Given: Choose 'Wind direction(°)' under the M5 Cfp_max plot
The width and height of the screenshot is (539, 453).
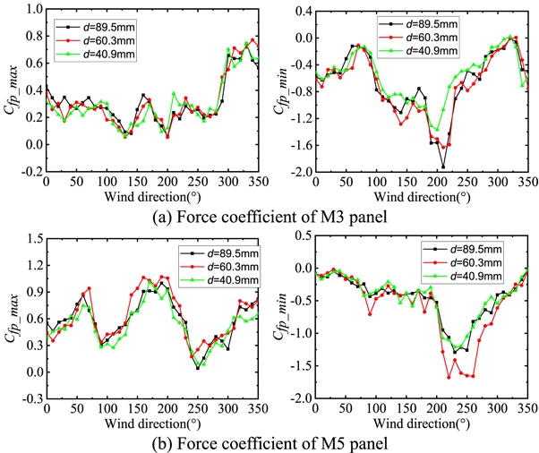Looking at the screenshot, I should pos(151,422).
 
